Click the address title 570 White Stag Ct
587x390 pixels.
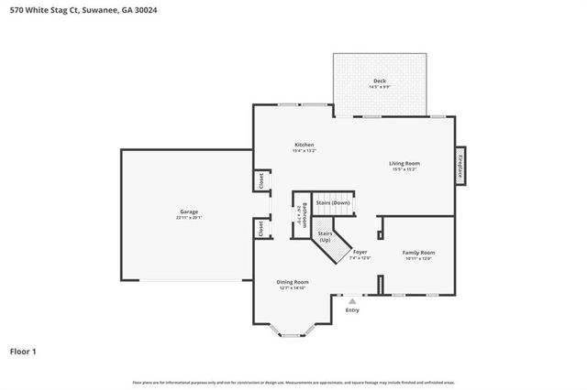(x=69, y=10)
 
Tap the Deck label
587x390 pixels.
(x=379, y=81)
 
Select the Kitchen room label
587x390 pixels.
(x=304, y=145)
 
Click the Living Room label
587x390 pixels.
(x=404, y=163)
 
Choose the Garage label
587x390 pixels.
(x=189, y=211)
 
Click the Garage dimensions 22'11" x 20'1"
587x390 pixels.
(x=189, y=218)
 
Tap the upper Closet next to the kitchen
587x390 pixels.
(x=260, y=179)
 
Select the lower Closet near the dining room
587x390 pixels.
(x=260, y=229)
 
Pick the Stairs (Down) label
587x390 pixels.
(x=333, y=202)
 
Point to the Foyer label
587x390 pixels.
(x=360, y=252)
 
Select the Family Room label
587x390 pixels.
(x=418, y=252)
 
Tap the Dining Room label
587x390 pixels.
(x=293, y=282)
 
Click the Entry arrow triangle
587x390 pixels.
(x=352, y=300)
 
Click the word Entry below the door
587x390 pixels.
(x=352, y=310)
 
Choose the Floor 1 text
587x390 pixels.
(x=23, y=351)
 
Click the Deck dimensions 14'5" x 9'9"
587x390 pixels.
(x=379, y=87)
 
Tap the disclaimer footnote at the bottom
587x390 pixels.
(x=293, y=382)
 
